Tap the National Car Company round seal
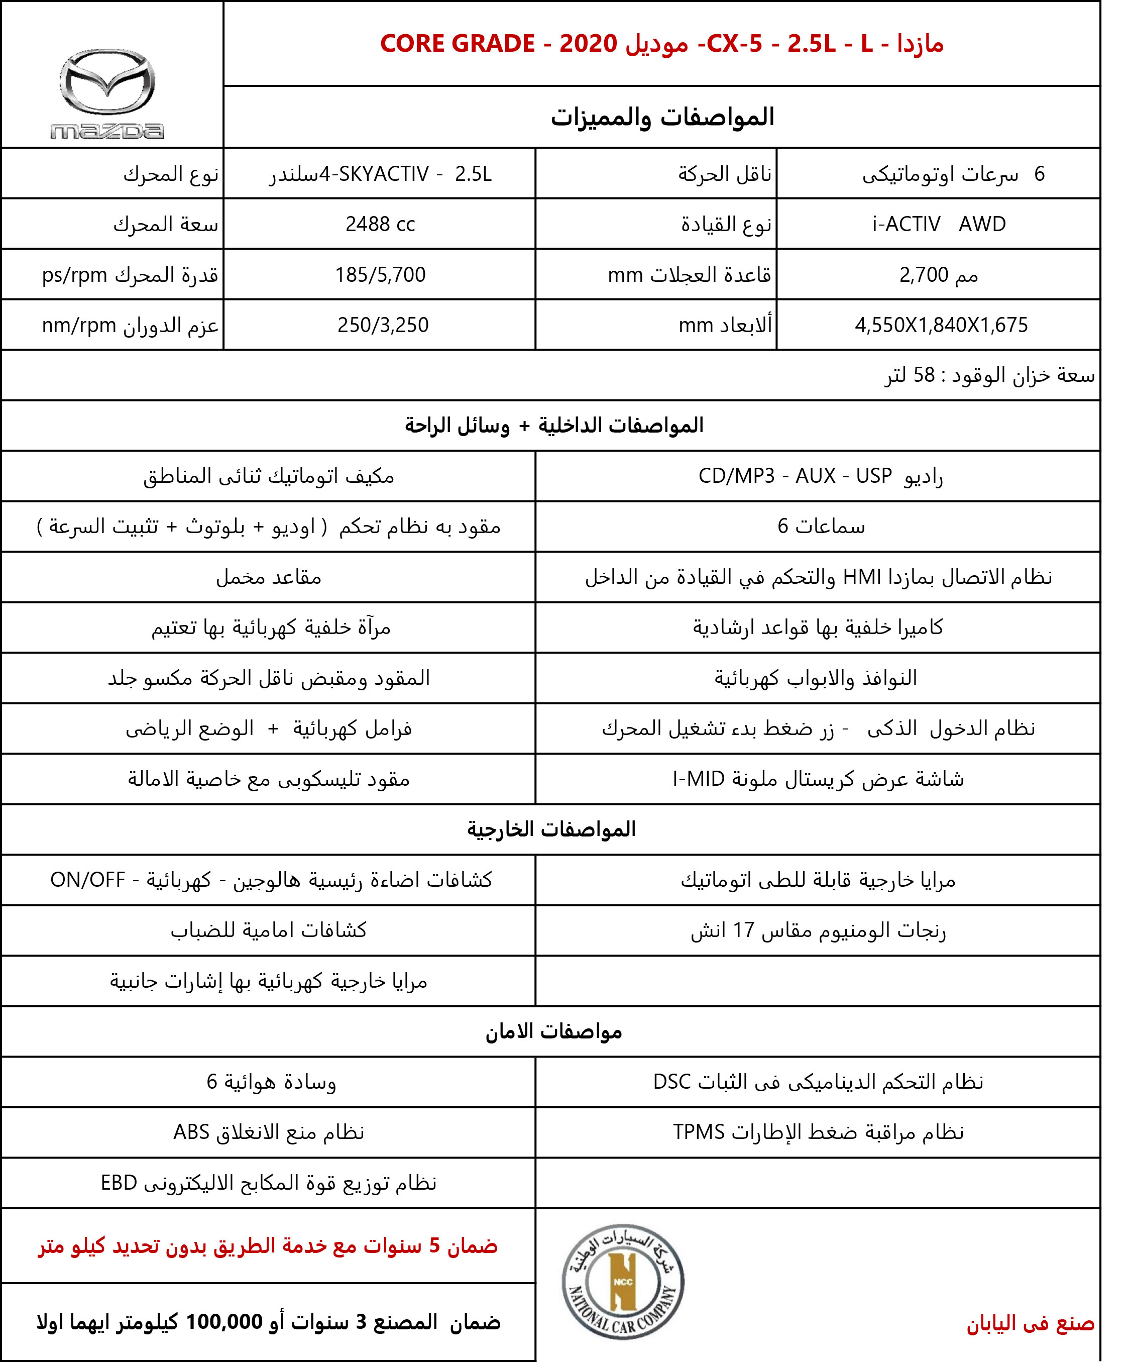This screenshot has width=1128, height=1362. (622, 1282)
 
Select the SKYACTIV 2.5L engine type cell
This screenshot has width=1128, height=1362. (381, 174)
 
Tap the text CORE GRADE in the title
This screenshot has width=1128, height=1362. (458, 44)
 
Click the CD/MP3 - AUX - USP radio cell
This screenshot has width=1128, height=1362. (820, 476)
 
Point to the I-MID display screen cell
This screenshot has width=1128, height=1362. (818, 779)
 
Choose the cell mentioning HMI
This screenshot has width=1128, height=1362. (818, 577)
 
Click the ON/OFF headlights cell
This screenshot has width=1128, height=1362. (271, 880)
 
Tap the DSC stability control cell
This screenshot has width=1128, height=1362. (818, 1082)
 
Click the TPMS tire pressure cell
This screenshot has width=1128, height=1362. (818, 1132)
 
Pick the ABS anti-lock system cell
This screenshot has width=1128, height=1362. (268, 1132)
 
